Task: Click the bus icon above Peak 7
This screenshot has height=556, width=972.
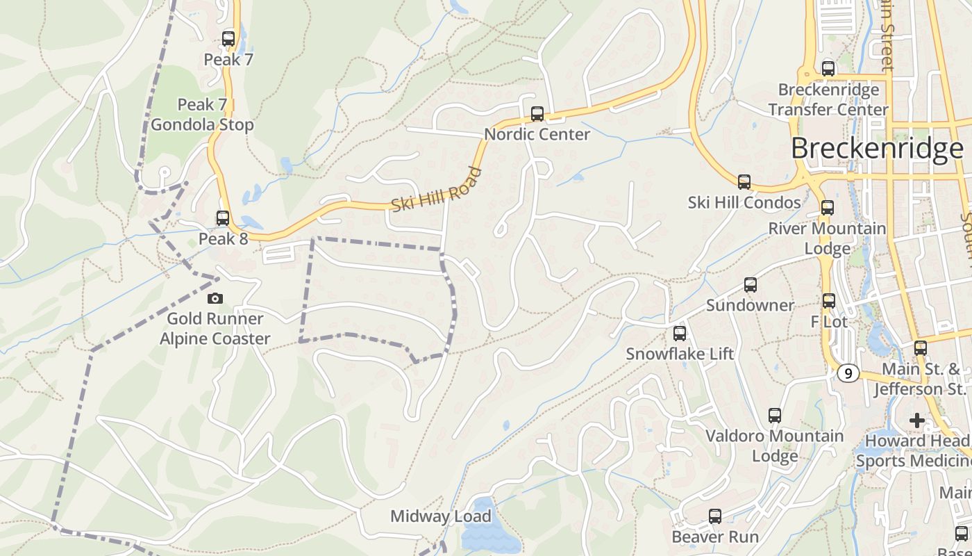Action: point(228,38)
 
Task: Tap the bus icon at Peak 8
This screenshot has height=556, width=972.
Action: point(223,218)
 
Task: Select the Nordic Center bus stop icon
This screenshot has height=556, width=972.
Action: point(537,114)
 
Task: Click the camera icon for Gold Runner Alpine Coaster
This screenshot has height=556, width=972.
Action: point(215,298)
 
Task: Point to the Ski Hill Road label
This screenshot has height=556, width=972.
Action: point(436,189)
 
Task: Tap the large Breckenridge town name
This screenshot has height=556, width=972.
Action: point(877,149)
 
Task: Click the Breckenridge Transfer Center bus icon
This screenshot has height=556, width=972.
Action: point(828,69)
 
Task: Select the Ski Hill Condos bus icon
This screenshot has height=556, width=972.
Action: point(744,182)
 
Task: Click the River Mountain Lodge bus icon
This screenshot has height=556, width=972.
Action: point(828,208)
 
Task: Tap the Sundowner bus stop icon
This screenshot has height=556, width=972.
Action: point(751,285)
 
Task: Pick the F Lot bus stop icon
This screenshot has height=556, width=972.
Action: point(829,301)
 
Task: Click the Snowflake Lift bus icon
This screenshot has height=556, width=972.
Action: point(680,334)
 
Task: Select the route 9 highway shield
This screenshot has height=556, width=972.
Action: point(848,373)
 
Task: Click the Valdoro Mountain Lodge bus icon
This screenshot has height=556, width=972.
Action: point(775,416)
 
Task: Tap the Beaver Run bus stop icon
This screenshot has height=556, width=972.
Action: point(715,516)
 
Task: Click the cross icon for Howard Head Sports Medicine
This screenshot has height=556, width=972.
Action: point(917,420)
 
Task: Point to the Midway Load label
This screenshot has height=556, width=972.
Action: point(440,516)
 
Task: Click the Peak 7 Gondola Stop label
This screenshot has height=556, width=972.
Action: point(202,115)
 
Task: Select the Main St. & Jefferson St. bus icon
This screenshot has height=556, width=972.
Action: point(921,348)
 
